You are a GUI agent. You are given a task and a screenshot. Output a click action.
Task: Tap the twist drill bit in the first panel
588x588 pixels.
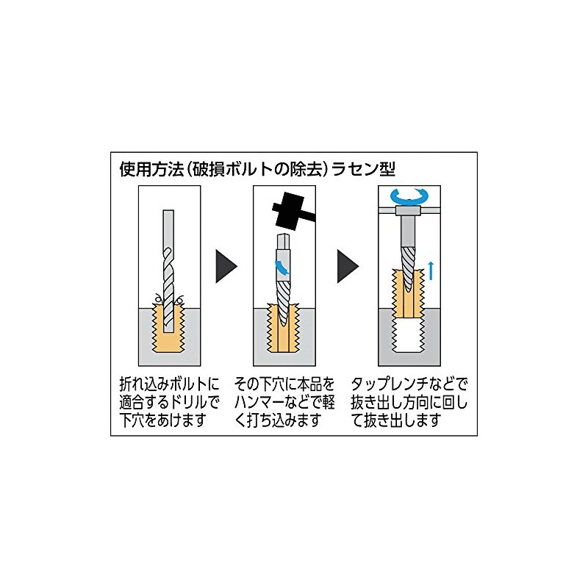[168, 270]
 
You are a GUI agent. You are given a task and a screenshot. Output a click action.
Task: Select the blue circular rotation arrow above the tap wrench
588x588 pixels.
[409, 196]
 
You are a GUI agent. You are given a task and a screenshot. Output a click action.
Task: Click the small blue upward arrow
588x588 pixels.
[431, 270]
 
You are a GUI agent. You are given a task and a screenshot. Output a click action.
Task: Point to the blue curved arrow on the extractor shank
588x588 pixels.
[283, 267]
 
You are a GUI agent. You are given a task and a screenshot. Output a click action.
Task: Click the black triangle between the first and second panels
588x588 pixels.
[226, 267]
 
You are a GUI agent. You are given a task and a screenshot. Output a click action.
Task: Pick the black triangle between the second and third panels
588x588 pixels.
[348, 267]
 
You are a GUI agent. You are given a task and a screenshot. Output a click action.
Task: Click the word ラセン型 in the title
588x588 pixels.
[363, 169]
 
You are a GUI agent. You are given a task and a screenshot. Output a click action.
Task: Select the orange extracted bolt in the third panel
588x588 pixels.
[409, 293]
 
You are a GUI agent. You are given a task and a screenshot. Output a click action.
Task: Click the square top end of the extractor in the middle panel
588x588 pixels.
[284, 239]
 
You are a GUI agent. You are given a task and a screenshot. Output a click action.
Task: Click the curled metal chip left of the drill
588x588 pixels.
[158, 299]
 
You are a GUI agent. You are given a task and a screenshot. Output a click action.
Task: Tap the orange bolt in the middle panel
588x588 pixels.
[284, 328]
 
